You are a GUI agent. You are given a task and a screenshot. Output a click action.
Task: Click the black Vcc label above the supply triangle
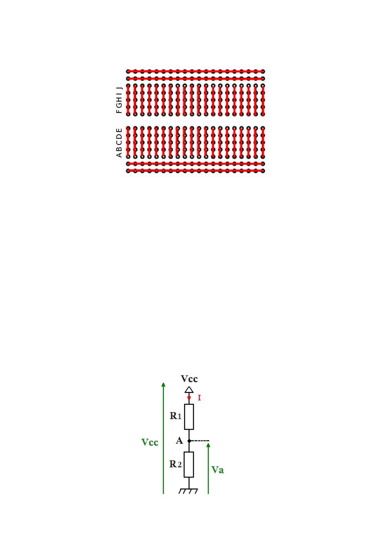tap(189, 379)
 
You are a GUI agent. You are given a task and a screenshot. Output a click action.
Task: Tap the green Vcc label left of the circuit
tap(150, 443)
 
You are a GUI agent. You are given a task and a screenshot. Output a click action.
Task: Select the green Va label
tap(218, 470)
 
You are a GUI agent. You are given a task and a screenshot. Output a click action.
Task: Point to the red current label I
tap(199, 398)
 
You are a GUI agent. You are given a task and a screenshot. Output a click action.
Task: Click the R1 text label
tap(175, 416)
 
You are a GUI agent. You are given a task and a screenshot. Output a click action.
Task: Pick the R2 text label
tap(175, 464)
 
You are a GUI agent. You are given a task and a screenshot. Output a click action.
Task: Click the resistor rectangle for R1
tap(189, 417)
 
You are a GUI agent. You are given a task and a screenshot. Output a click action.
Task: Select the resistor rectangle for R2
tap(189, 464)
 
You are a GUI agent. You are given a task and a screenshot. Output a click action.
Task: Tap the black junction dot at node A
tap(189, 441)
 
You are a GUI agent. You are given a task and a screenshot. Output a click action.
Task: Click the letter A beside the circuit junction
tap(179, 441)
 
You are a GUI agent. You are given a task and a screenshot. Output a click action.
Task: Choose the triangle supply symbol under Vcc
tap(189, 390)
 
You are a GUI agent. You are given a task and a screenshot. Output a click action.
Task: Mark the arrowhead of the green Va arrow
tap(208, 445)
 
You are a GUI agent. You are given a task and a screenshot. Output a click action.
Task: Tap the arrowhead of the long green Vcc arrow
tap(164, 384)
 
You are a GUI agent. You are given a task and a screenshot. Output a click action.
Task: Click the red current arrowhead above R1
tap(189, 398)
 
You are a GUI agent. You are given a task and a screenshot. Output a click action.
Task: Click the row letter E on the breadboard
tap(119, 130)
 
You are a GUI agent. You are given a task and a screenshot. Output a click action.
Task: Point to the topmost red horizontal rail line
tap(196, 71)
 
